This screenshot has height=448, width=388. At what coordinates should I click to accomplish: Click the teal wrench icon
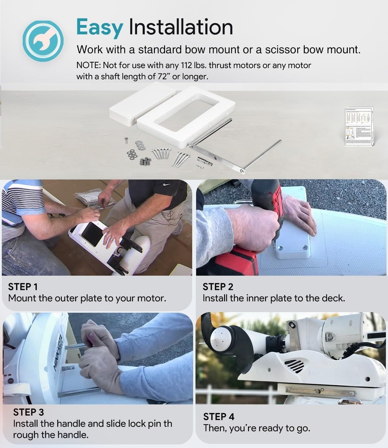click(43, 41)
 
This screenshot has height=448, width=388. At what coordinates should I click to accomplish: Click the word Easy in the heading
click(100, 28)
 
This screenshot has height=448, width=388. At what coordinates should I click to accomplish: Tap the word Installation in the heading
click(181, 27)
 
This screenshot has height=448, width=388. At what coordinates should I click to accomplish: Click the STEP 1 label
click(23, 287)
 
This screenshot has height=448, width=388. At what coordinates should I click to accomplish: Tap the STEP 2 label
click(218, 287)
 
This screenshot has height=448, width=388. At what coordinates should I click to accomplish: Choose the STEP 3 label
click(29, 412)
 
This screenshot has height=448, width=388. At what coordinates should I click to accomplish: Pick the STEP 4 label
click(219, 417)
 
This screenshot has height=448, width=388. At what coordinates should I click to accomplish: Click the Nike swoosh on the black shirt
click(166, 185)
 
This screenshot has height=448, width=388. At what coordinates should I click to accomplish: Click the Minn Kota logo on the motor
click(58, 353)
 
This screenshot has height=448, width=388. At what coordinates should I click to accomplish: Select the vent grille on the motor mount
click(294, 365)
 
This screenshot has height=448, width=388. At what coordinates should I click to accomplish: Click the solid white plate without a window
click(142, 103)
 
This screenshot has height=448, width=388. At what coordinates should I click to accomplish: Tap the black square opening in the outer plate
click(92, 234)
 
